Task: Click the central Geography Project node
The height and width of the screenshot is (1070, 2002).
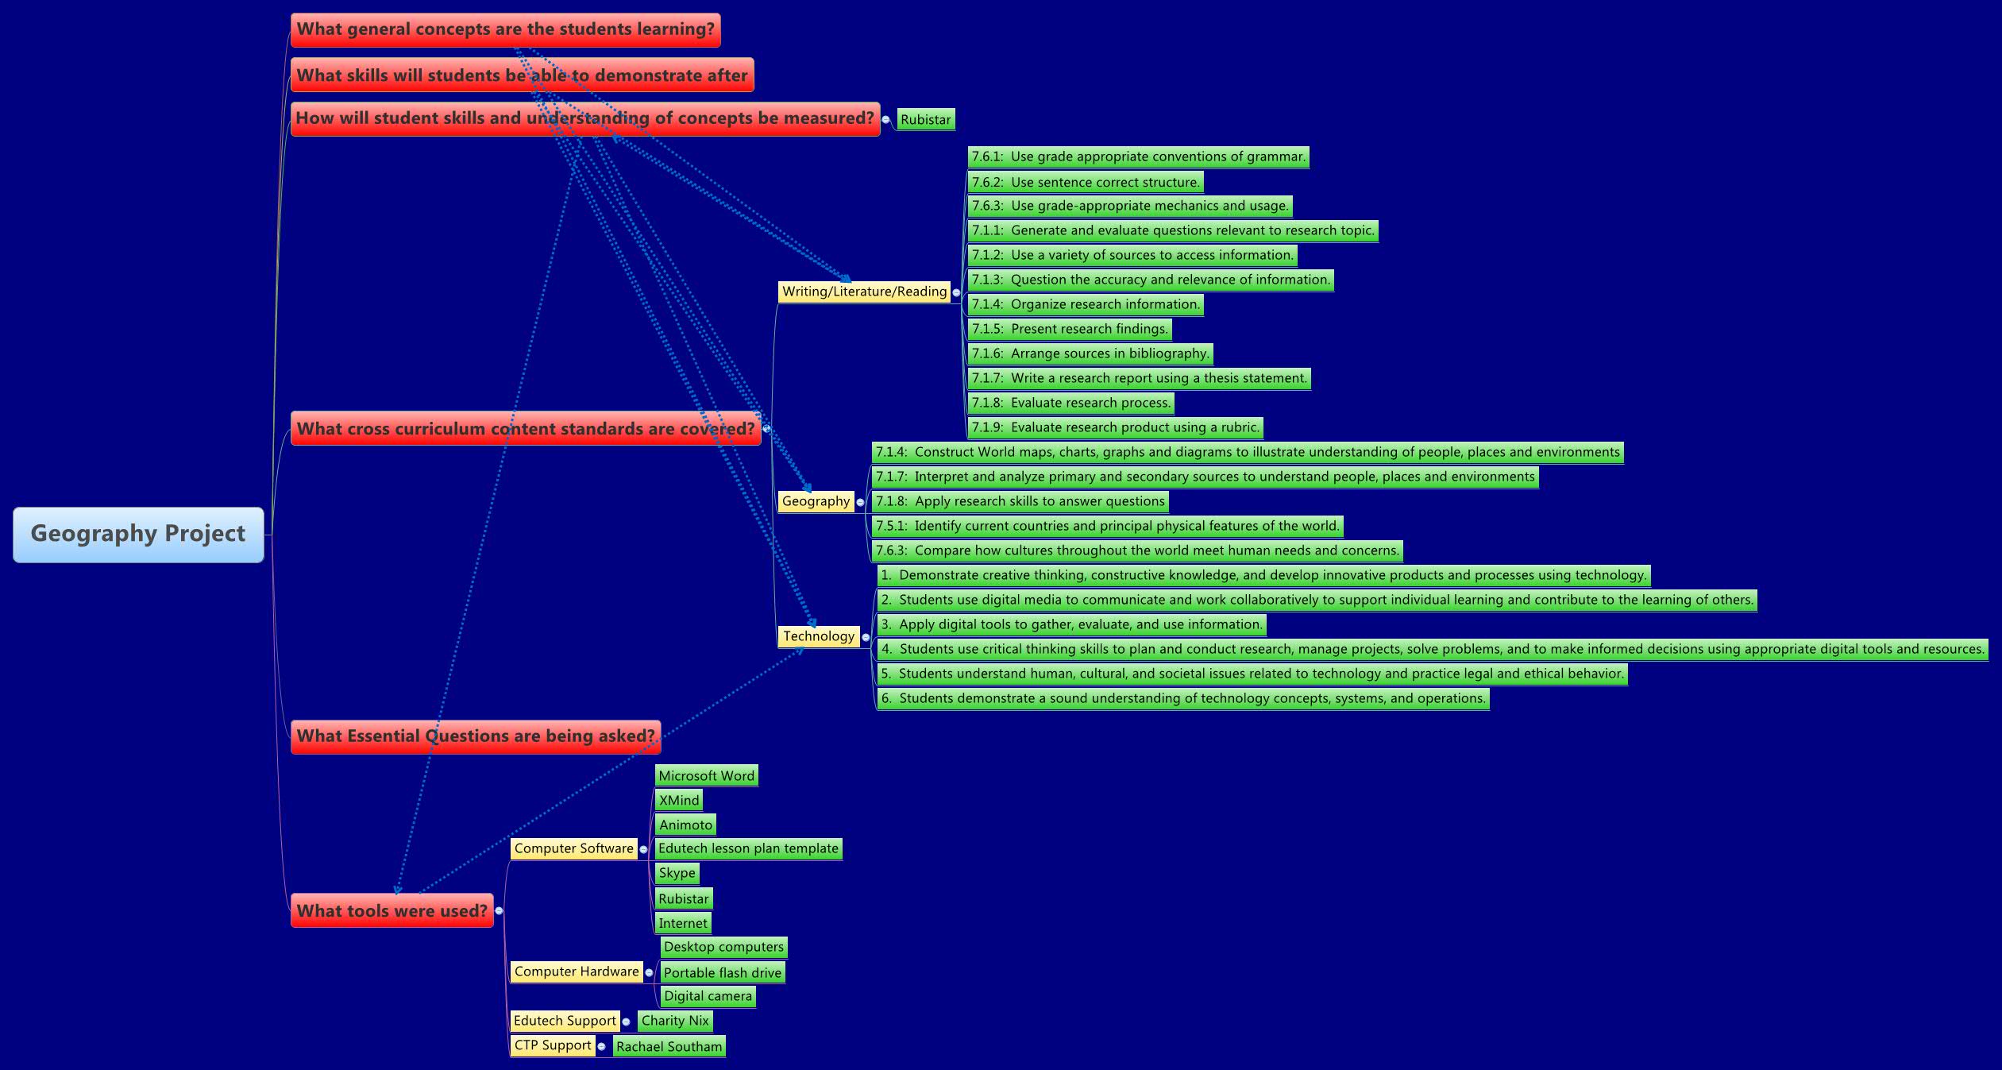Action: pos(138,534)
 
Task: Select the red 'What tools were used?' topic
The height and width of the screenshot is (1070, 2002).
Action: pos(392,910)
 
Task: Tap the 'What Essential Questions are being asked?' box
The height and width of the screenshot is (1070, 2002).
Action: pos(475,736)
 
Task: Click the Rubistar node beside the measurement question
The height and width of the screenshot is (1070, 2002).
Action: pos(925,120)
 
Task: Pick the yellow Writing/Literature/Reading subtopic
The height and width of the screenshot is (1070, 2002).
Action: pos(864,292)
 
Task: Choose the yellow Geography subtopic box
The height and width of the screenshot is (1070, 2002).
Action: pos(816,501)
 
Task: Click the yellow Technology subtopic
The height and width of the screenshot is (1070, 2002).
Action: pos(819,636)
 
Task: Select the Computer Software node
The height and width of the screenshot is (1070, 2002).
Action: pos(573,848)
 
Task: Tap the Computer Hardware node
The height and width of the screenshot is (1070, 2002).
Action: pos(577,971)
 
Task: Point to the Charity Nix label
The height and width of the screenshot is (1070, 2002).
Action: pos(675,1021)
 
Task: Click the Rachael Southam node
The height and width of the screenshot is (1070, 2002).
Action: pos(669,1046)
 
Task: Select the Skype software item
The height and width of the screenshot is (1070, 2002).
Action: pos(677,873)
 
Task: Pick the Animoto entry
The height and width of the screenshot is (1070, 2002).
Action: pos(685,825)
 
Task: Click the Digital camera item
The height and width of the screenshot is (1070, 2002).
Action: pos(708,996)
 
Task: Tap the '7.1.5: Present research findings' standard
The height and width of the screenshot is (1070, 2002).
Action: pos(1070,329)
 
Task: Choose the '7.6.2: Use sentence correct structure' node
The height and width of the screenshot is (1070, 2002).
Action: pos(1085,182)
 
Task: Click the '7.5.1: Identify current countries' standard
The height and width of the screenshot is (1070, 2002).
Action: pos(1107,526)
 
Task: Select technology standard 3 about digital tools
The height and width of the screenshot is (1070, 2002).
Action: pos(1071,624)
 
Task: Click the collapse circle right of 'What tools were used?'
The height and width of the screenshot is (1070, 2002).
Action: pos(499,911)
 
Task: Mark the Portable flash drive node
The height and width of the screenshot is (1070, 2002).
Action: pos(722,972)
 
